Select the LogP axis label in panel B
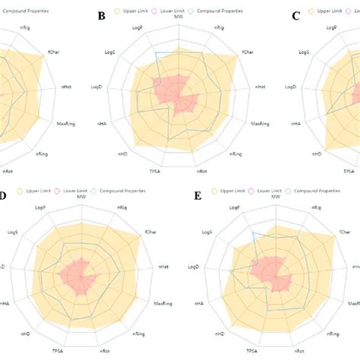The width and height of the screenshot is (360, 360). tap(137, 29)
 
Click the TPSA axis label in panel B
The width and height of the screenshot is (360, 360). tap(155, 172)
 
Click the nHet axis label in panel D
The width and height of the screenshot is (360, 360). tap(163, 267)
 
